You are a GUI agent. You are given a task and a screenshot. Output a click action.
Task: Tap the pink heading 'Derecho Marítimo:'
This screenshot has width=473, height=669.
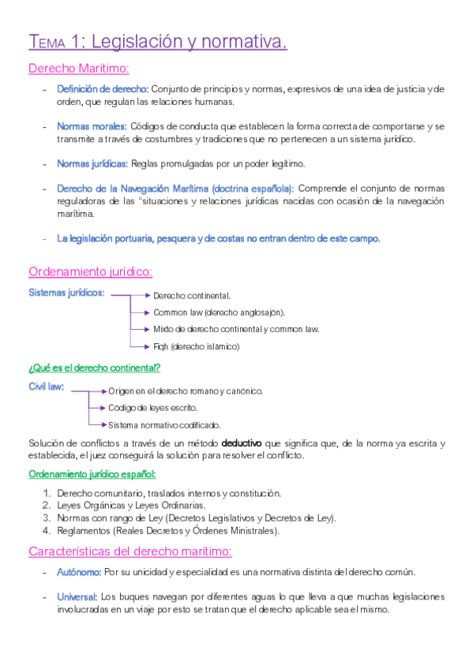coord(78,69)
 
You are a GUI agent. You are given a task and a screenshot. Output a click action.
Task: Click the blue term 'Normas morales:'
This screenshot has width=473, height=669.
coord(92,126)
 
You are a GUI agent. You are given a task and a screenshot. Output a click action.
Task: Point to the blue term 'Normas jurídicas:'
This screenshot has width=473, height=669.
coord(92,163)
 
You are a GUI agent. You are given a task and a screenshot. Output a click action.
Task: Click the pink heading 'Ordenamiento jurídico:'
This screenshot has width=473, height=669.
coord(90,271)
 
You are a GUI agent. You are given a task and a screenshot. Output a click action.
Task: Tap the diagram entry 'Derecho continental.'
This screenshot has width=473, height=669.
coord(192,296)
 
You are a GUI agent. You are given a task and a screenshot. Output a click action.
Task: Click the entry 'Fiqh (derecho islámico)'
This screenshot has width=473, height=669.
coord(196,346)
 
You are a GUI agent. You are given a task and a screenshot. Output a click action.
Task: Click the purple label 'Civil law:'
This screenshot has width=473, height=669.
coord(47,387)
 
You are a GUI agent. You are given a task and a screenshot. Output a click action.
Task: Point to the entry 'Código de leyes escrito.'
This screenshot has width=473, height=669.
coord(152,408)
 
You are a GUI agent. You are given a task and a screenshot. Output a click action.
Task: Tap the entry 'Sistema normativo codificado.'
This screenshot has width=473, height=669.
coord(164,425)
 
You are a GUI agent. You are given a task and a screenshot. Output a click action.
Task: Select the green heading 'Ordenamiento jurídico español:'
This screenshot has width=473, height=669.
coord(92,474)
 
